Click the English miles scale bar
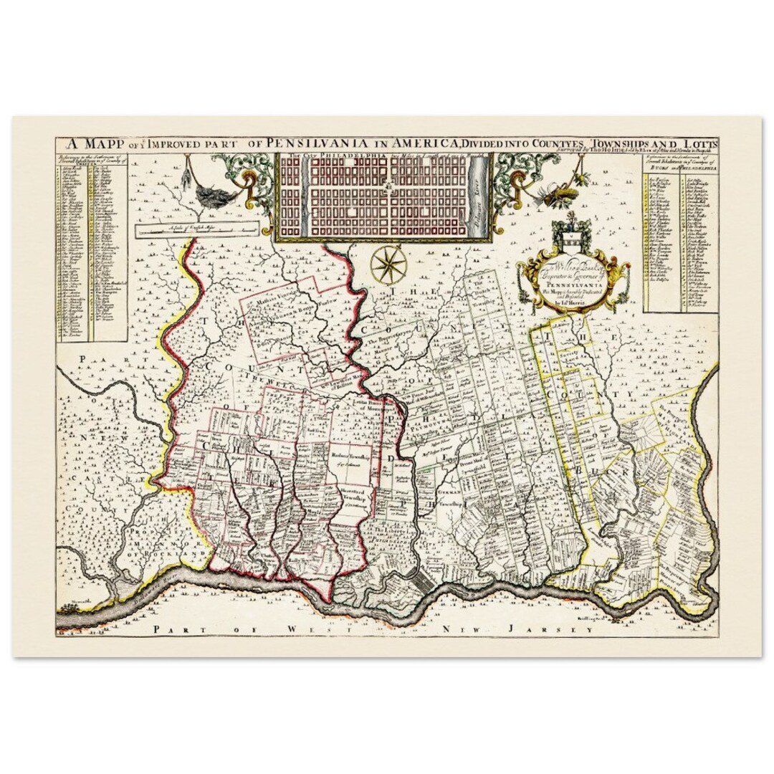(197, 229)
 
